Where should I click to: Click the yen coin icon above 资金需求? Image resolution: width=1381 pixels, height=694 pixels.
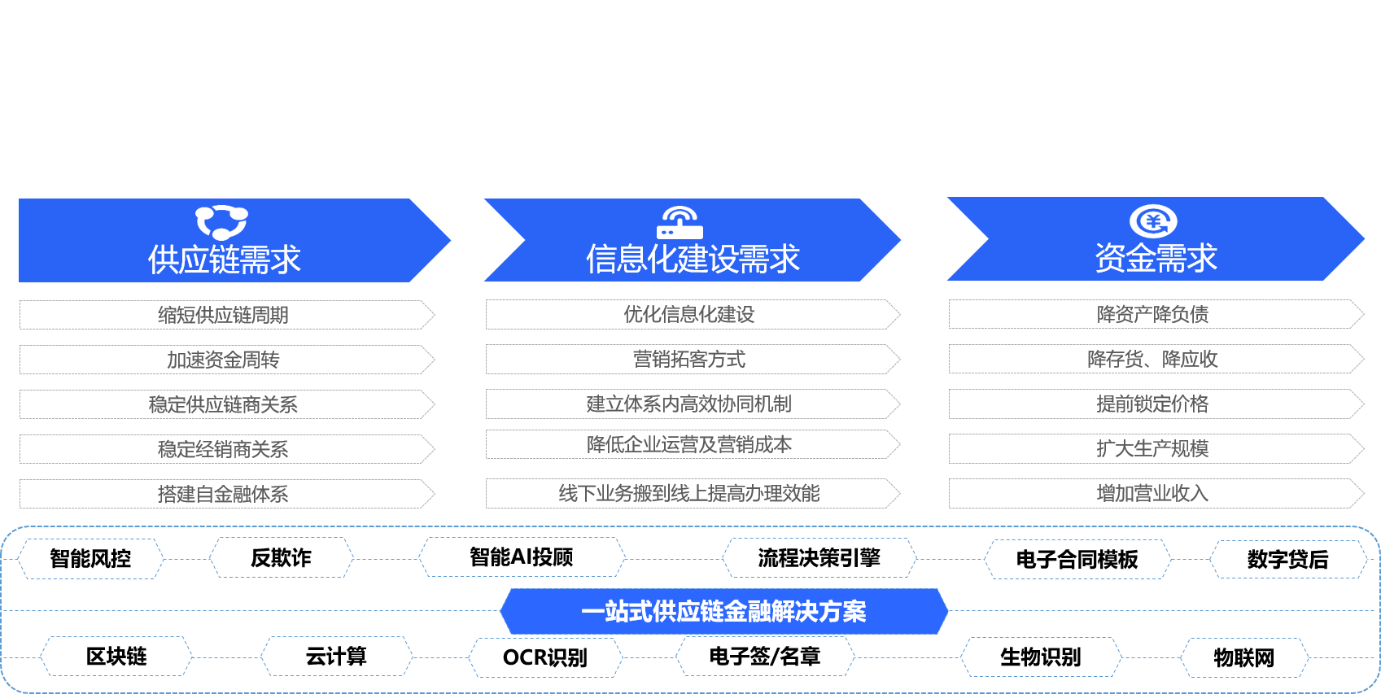tap(1153, 220)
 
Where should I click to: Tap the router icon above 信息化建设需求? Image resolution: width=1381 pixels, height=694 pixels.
tap(680, 222)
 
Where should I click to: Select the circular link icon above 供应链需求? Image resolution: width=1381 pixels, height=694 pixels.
tap(222, 222)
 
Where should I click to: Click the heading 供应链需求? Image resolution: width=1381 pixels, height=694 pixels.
tap(224, 260)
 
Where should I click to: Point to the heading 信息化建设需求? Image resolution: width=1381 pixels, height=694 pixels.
tap(693, 259)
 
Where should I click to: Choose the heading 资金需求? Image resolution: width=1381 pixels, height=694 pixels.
tap(1156, 258)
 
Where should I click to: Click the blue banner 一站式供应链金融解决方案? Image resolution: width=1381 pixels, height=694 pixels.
tap(723, 611)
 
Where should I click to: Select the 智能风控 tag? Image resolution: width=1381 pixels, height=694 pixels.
tap(90, 558)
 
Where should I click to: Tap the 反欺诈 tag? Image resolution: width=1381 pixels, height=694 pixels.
tap(281, 558)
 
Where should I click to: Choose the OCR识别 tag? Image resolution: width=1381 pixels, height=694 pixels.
tap(545, 657)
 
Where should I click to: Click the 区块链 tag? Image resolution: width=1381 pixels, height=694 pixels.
tap(116, 657)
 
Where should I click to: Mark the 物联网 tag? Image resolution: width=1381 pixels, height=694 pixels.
tap(1244, 657)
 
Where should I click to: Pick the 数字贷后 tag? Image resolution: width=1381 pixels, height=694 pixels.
tap(1288, 560)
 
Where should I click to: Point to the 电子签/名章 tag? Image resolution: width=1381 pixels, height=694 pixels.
tap(765, 657)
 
